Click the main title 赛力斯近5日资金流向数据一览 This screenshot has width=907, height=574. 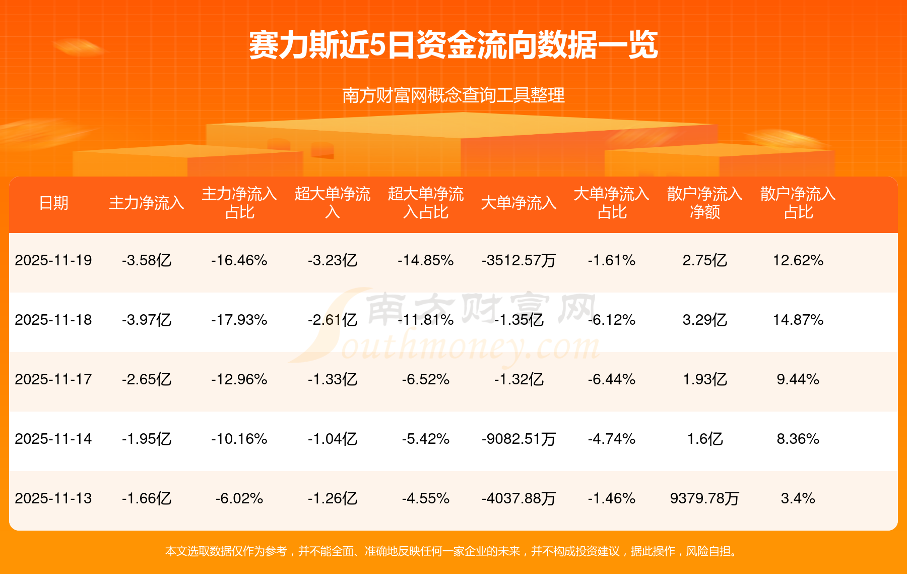pyautogui.click(x=454, y=45)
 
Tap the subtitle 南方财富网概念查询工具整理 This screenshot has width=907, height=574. pyautogui.click(x=454, y=95)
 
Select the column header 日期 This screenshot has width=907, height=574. pyautogui.click(x=53, y=203)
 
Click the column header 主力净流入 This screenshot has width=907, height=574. pyautogui.click(x=147, y=203)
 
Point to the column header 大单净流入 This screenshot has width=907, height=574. pyautogui.click(x=519, y=203)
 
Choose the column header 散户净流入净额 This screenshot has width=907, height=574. pyautogui.click(x=704, y=203)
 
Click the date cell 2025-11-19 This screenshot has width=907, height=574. pyautogui.click(x=53, y=260)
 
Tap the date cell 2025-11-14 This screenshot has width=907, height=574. pyautogui.click(x=53, y=439)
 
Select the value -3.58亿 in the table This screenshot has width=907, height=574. pyautogui.click(x=147, y=260)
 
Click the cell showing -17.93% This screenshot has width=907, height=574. pyautogui.click(x=239, y=320)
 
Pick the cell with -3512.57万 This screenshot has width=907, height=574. pyautogui.click(x=519, y=260)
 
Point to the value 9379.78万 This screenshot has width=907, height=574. pyautogui.click(x=704, y=498)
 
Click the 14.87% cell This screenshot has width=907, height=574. pyautogui.click(x=798, y=320)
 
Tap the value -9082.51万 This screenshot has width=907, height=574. pyautogui.click(x=519, y=439)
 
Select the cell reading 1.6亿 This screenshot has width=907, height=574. pyautogui.click(x=704, y=439)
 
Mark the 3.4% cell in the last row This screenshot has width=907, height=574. pyautogui.click(x=798, y=498)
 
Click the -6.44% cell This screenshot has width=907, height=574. pyautogui.click(x=612, y=379)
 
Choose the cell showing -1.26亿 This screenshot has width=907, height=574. pyautogui.click(x=333, y=498)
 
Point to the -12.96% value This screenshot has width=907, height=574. pyautogui.click(x=239, y=379)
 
